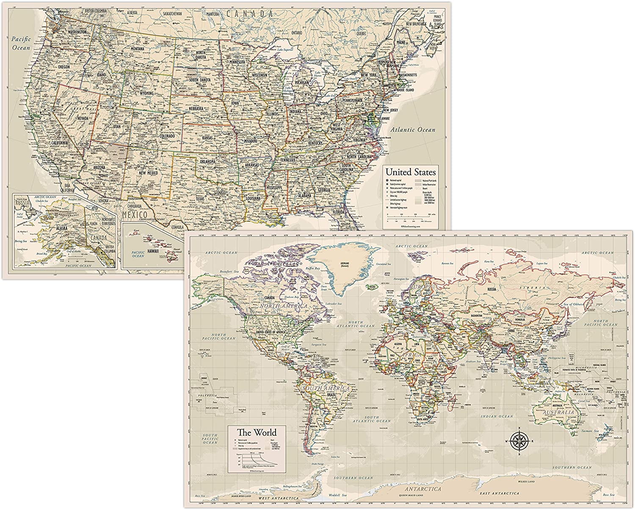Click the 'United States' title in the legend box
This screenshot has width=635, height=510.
(x=410, y=172)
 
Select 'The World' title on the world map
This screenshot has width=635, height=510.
(x=257, y=432)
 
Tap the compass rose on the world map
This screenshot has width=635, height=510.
(x=519, y=441)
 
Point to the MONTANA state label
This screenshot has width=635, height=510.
(x=137, y=49)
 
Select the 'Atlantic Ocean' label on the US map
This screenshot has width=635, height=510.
(x=413, y=130)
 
